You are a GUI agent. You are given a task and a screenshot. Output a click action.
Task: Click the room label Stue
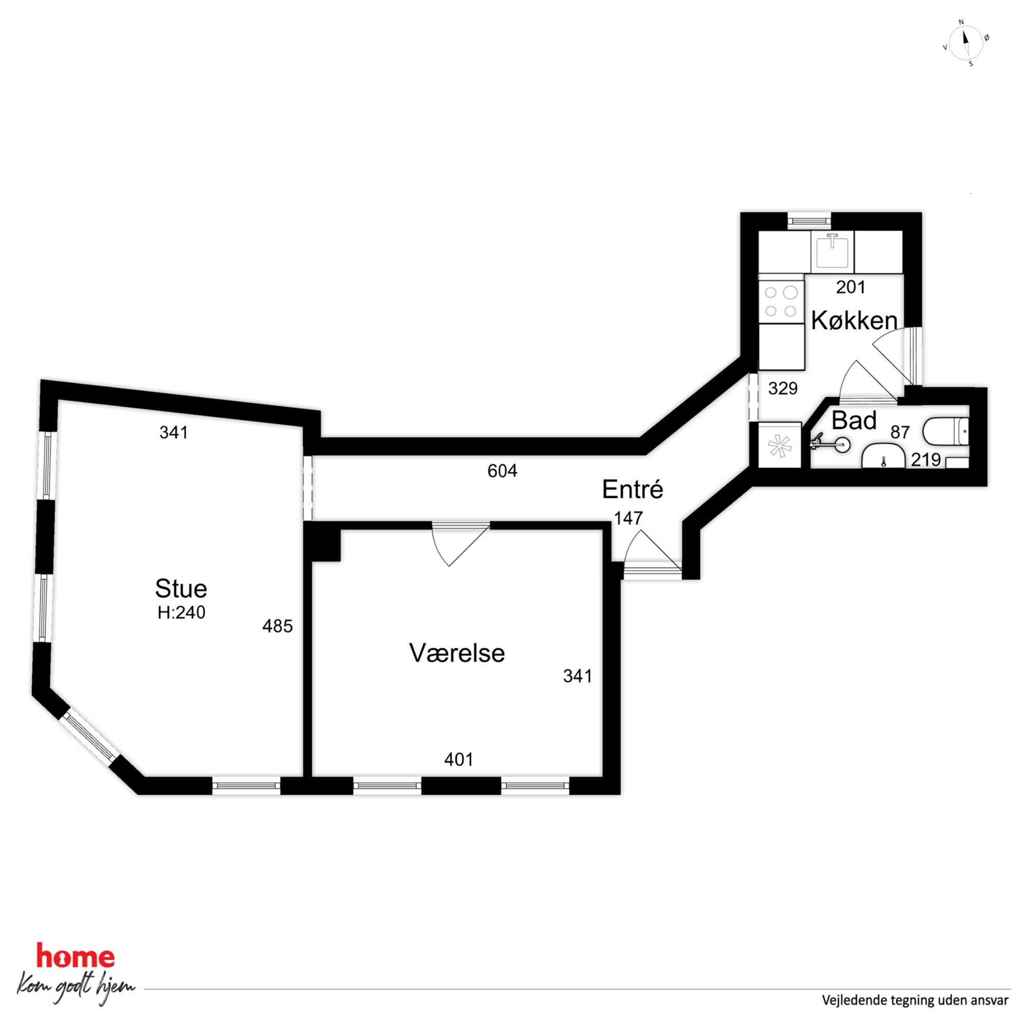[x=181, y=588]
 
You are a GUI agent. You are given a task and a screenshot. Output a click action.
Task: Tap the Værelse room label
[x=457, y=653]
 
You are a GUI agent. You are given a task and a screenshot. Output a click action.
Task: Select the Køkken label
[x=854, y=320]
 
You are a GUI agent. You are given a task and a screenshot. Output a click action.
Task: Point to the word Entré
[x=632, y=489]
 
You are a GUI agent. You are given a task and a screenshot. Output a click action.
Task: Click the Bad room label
[x=854, y=420]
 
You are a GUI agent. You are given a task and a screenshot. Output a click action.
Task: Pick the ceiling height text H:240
[x=181, y=612]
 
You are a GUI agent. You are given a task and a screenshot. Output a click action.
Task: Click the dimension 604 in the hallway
[x=502, y=471]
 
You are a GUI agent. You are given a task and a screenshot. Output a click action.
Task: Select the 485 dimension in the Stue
[x=277, y=626]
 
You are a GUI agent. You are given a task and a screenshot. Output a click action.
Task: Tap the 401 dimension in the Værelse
[x=459, y=760]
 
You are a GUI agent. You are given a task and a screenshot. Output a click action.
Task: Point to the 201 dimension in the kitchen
[x=851, y=287]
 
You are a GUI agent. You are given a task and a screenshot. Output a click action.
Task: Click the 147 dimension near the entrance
[x=628, y=518]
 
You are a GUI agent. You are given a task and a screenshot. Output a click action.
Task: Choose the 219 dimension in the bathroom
[x=926, y=460]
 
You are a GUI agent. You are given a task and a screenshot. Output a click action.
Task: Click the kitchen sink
[x=832, y=252]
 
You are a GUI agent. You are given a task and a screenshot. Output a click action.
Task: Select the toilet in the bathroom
[x=946, y=431]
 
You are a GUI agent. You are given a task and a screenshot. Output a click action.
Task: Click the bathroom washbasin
[x=883, y=456]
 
